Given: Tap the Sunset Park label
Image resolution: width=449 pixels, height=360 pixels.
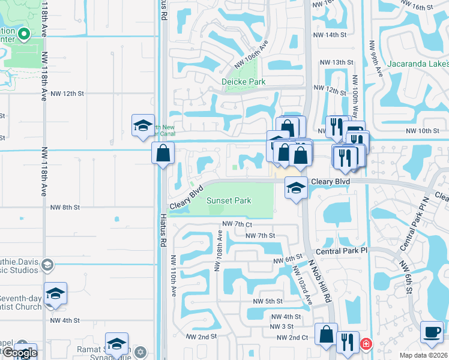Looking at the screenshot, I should pos(229,201).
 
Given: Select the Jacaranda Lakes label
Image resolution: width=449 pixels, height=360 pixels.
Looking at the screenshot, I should pos(418,64).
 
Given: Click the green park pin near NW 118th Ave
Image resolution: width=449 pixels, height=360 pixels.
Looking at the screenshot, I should pos(23,34).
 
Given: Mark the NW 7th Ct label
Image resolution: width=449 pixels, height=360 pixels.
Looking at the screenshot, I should pos(235,224).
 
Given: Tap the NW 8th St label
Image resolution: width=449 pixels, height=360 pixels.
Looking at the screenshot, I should pos(65,208).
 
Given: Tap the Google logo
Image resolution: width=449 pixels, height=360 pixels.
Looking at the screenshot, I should pos(20,353).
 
